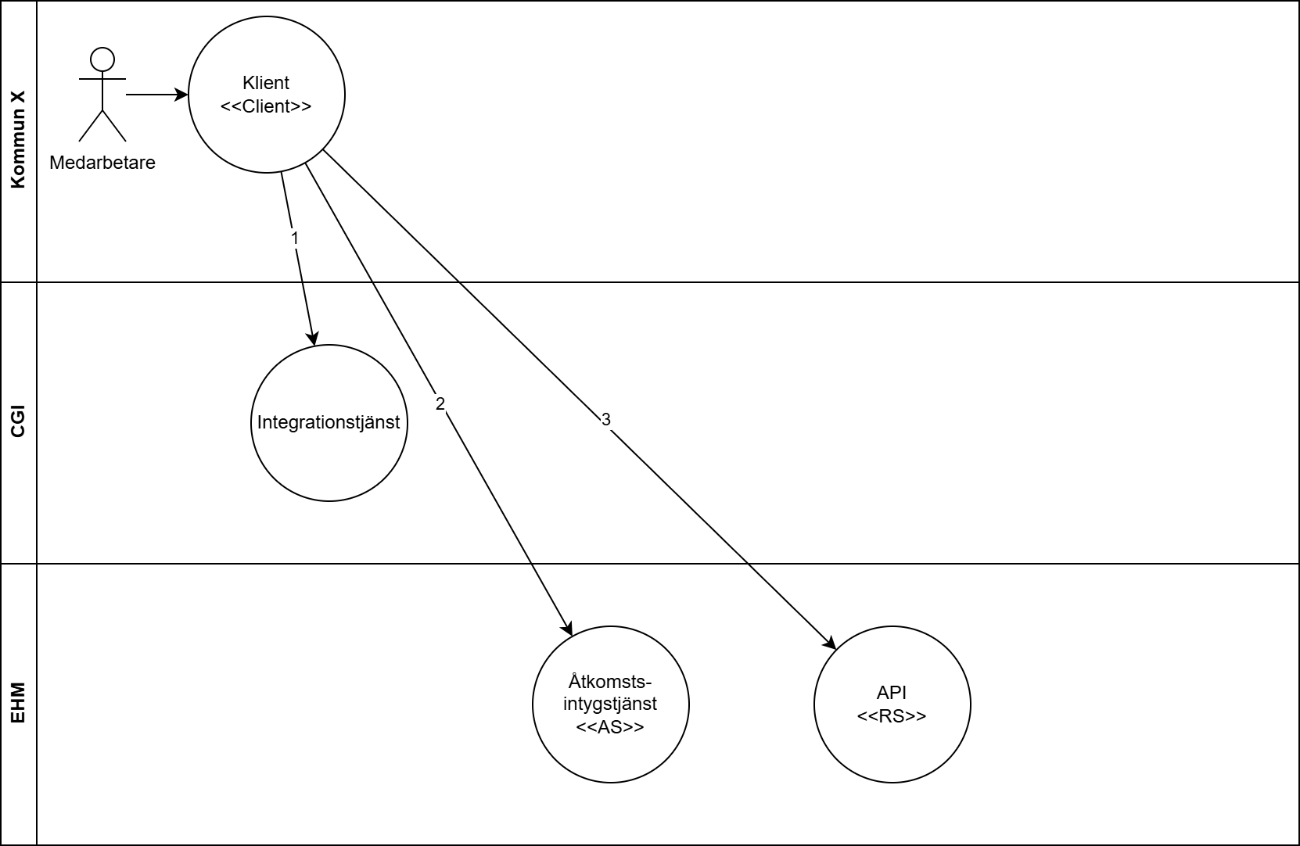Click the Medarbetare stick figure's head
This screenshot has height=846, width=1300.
click(102, 59)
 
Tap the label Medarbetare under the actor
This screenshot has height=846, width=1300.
click(102, 163)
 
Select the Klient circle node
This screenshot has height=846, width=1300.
click(266, 133)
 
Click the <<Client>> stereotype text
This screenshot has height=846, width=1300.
click(266, 106)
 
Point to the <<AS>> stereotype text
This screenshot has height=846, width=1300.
click(610, 727)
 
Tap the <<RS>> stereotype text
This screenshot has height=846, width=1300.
click(892, 716)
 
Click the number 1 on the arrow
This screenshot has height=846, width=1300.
click(295, 238)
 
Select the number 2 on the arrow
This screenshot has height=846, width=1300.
click(440, 403)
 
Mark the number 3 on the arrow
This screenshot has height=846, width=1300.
click(605, 420)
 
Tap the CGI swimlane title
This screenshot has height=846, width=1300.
click(18, 422)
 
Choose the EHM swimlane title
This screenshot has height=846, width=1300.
click(18, 704)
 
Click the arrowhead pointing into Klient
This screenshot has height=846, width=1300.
click(182, 95)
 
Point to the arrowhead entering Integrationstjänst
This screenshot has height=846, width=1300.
click(314, 339)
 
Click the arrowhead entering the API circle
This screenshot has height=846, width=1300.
click(830, 643)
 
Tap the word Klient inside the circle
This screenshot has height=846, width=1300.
click(266, 83)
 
